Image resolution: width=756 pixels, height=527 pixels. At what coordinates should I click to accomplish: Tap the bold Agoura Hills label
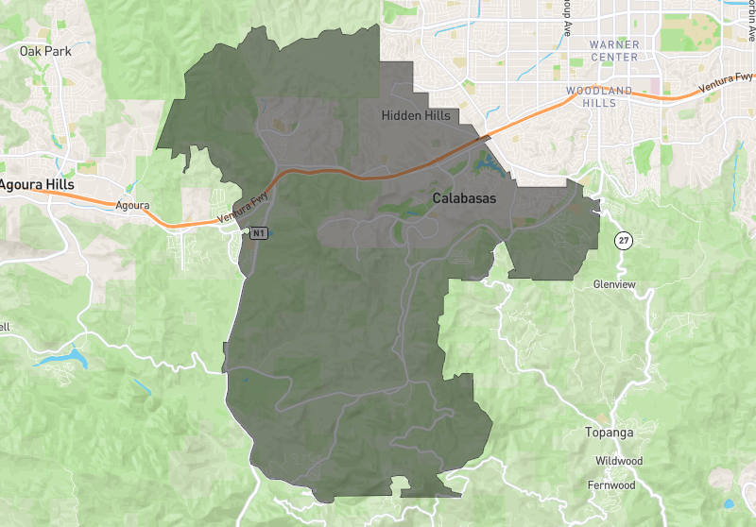coord(35,185)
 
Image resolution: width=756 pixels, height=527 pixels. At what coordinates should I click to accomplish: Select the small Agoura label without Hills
coord(132,204)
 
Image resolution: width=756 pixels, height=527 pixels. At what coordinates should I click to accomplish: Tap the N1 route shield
coord(257,232)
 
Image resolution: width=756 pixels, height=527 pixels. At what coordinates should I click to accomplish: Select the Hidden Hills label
coord(416,115)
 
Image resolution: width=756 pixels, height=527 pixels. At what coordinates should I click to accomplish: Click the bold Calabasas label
coord(464,199)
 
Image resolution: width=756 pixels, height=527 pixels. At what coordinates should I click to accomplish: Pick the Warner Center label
coord(613,50)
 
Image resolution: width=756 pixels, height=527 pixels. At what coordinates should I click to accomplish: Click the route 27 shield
coord(624,240)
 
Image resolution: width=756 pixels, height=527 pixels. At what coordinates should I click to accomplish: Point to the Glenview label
coord(614,283)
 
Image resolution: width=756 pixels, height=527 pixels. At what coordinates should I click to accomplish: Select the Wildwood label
coord(618,461)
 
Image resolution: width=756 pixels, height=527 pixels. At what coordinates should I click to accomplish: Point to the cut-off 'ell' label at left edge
coord(5,327)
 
